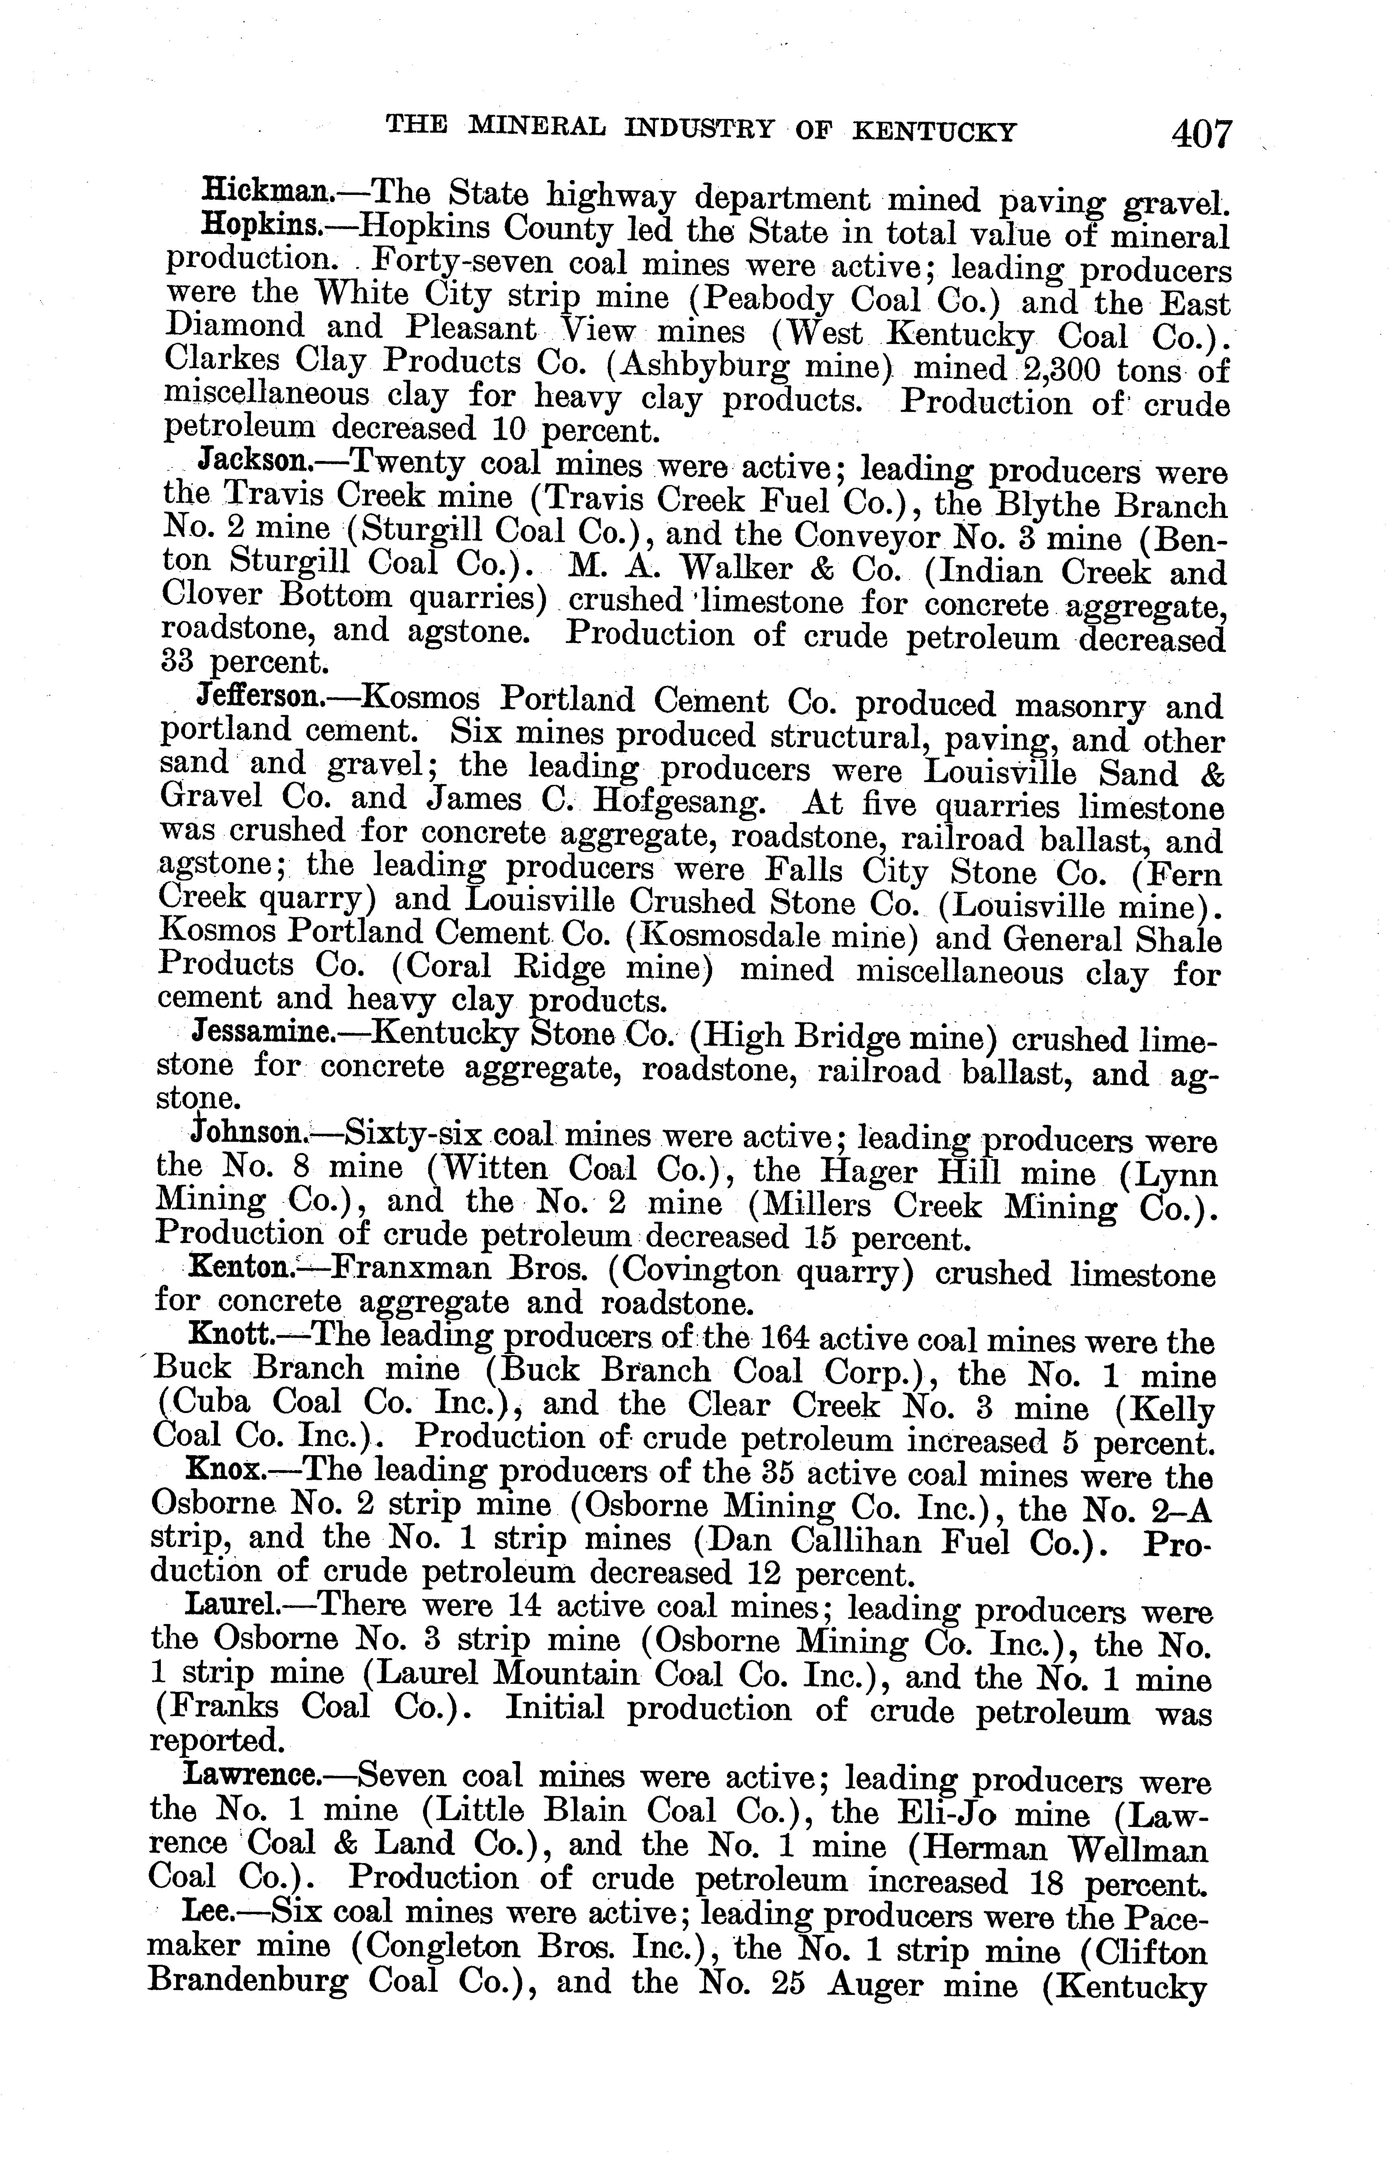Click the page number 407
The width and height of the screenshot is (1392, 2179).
pos(1202,134)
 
